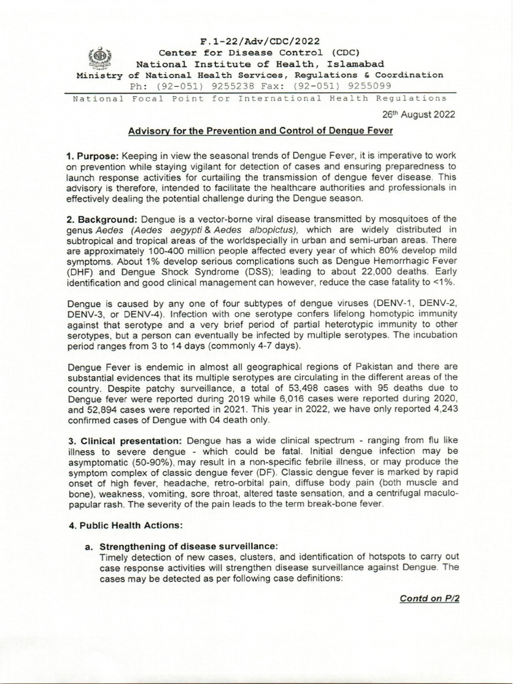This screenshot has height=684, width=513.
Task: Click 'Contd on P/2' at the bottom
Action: [428, 598]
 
